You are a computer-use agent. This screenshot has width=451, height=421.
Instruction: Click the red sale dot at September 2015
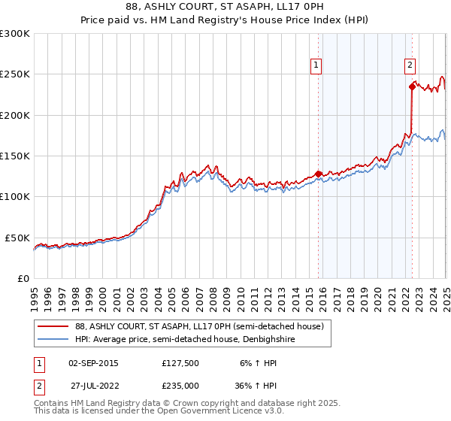[x=318, y=174]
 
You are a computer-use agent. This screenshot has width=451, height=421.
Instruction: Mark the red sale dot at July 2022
[x=413, y=86]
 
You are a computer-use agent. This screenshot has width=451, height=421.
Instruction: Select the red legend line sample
[x=53, y=326]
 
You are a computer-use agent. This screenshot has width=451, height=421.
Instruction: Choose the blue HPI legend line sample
[x=53, y=339]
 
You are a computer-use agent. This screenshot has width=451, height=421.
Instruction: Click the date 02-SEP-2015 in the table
[x=93, y=362]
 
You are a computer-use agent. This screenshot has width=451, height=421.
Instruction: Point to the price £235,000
[x=180, y=385]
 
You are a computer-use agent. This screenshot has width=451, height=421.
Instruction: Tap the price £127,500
[x=180, y=362]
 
